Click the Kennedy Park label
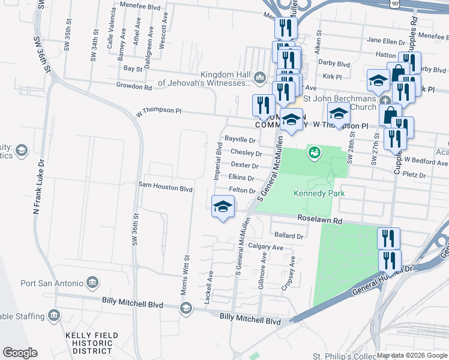[311, 193]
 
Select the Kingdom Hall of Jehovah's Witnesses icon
[260, 77]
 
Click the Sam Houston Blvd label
[165, 188]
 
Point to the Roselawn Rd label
[318, 221]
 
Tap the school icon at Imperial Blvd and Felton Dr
[223, 206]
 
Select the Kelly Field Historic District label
[91, 343]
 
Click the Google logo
[20, 353]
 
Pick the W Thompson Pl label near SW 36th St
[158, 111]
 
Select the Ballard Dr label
[288, 236]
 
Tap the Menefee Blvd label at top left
[140, 8]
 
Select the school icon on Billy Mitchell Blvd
[186, 308]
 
